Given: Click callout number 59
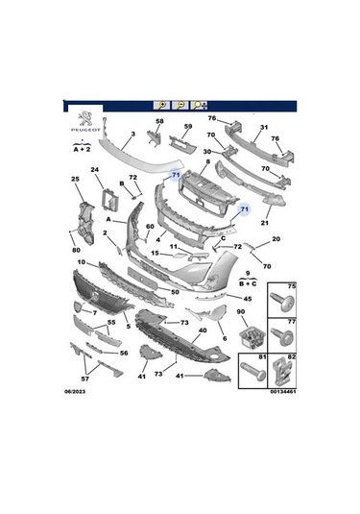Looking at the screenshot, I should point(188,127).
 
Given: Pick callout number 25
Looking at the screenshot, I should point(75,180).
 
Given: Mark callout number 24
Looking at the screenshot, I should point(95,171).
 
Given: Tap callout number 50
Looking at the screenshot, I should point(176,291).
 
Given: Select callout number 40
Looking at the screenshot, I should point(202,331).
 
